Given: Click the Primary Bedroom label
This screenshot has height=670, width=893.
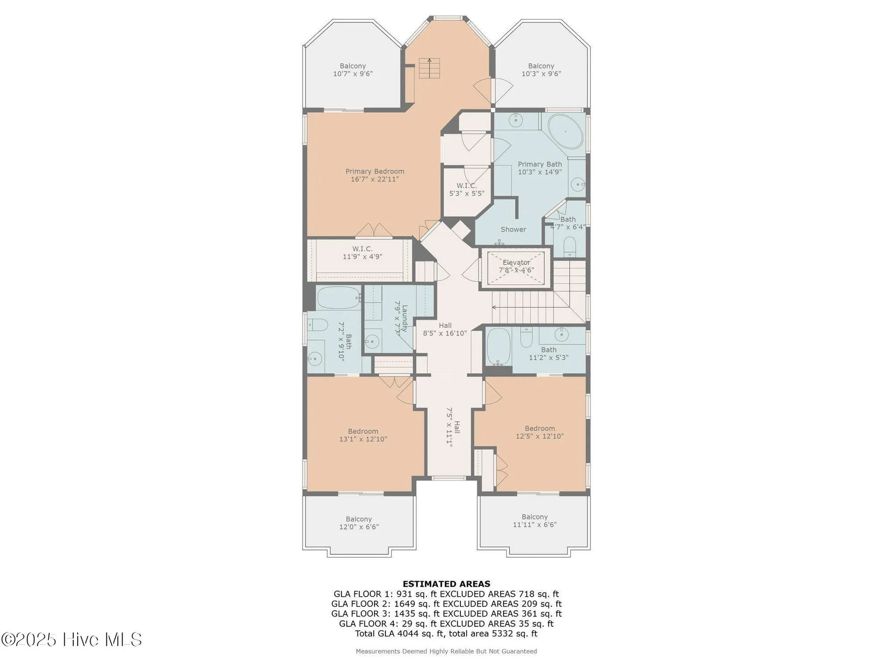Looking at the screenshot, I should tap(375, 172).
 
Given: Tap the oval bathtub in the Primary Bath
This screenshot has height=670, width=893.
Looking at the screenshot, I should tap(565, 132).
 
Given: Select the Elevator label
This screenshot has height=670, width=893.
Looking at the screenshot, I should tap(516, 263).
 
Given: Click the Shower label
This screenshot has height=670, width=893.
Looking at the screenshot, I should tap(513, 230).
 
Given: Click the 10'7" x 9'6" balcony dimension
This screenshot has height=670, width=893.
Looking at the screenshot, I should tap(353, 74).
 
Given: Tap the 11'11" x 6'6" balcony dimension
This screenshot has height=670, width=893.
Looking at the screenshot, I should tap(534, 525).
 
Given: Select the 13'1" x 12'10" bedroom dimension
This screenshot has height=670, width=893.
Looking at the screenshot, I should tap(363, 439).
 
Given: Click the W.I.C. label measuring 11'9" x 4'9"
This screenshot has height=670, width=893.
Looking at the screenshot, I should tap(362, 249).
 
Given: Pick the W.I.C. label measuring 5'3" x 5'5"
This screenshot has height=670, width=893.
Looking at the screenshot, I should tap(467, 186).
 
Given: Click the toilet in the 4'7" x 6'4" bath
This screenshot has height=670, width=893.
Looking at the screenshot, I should tap(570, 246).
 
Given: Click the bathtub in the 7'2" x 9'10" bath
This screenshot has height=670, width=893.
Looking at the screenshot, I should tap(338, 297).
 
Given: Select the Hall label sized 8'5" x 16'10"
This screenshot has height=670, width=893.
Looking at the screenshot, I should tap(445, 326).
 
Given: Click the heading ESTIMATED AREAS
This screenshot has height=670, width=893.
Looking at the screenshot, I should tap(446, 584).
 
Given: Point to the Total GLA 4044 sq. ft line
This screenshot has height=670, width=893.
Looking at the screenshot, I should tap(446, 633).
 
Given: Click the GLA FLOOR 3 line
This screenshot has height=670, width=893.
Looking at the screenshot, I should tap(446, 614).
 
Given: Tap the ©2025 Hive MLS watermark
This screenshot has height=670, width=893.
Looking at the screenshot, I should tap(71, 640).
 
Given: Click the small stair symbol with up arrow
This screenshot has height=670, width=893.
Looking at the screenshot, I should tap(429, 68).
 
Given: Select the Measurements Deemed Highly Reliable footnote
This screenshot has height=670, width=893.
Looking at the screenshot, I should tap(446, 651).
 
